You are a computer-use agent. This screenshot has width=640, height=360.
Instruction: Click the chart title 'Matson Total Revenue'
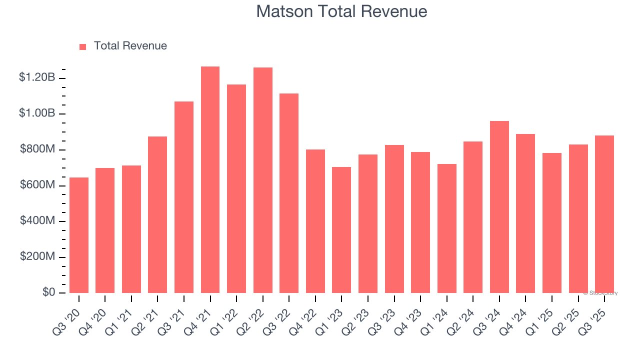[x=341, y=11]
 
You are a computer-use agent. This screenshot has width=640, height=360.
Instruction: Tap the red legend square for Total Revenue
[x=83, y=46]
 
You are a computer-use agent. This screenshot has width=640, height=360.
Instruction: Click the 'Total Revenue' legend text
[x=130, y=46]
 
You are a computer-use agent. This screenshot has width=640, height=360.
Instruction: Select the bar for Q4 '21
[x=210, y=179]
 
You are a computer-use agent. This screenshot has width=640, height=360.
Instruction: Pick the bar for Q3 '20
[x=79, y=235]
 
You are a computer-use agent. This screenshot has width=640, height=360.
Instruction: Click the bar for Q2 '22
[x=262, y=180]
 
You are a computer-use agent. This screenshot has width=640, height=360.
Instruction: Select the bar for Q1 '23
[x=341, y=230]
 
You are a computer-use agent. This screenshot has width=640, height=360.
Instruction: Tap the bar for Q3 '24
[x=499, y=207]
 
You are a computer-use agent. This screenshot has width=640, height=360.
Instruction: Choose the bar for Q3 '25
[x=604, y=214]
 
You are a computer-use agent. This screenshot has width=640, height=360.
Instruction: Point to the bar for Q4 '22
[x=315, y=221]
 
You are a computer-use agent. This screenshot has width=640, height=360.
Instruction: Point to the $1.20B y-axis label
[x=36, y=77]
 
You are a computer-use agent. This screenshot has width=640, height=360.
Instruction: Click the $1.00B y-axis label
[x=36, y=113]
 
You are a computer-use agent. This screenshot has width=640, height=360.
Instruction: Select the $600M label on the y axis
[x=37, y=185]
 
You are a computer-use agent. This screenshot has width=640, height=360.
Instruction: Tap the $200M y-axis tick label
[x=37, y=256]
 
